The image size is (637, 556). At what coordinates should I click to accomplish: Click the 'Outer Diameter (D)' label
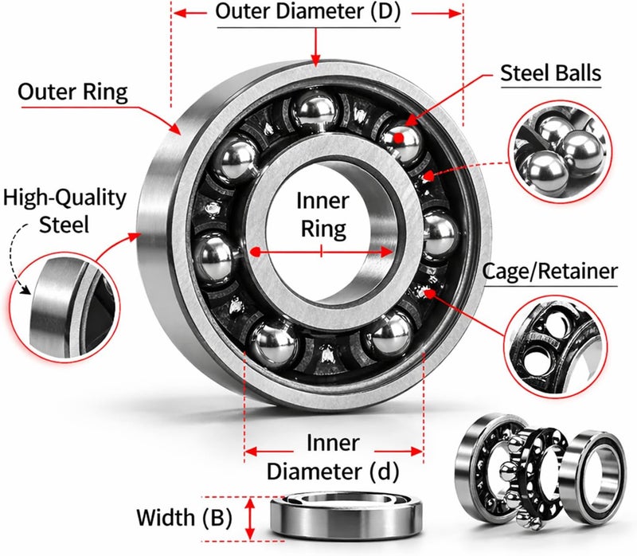point(308,12)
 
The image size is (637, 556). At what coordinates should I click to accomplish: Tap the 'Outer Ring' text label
point(72,92)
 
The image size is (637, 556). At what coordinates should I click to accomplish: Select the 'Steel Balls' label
point(550,73)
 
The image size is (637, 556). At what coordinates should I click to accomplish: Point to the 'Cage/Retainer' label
point(550,271)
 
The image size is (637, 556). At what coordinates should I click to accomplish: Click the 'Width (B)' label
point(184,518)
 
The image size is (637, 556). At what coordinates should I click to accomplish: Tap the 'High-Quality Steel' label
point(64,211)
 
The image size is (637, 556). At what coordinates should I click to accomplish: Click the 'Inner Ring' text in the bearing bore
point(323,214)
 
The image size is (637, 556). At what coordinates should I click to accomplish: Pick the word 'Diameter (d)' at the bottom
point(333,472)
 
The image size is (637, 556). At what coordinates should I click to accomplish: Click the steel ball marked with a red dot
point(401,140)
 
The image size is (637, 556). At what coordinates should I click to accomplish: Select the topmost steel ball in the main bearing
point(315,112)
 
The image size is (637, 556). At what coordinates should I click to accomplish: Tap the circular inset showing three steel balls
point(561,152)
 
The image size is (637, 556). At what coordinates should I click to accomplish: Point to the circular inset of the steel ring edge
point(65,307)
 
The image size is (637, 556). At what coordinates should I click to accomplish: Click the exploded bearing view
point(539,471)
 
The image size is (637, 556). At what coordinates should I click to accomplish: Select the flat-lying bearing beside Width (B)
point(346,515)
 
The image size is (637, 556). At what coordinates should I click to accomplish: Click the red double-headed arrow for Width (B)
point(250,519)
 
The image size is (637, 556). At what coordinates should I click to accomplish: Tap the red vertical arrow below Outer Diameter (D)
point(315,46)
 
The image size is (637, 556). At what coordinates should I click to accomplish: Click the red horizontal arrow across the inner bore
point(322,252)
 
